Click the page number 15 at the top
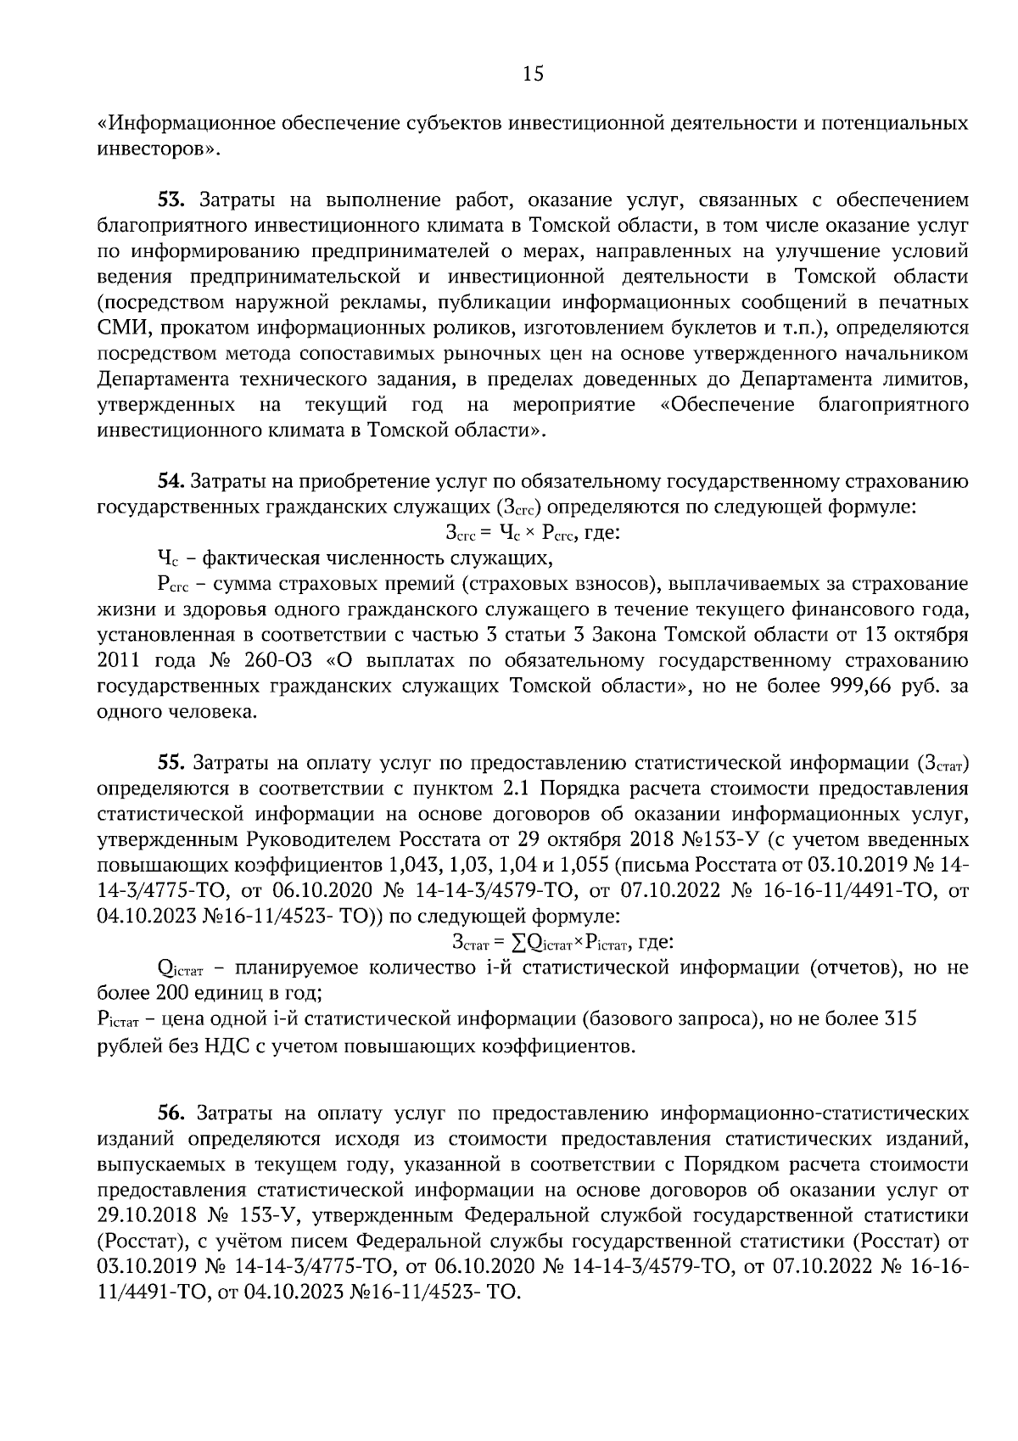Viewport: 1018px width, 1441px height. click(x=532, y=74)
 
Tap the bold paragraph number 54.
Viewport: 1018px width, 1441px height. click(x=172, y=482)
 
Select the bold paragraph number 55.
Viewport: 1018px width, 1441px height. click(x=172, y=763)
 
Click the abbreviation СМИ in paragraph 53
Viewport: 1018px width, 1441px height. click(x=118, y=328)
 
